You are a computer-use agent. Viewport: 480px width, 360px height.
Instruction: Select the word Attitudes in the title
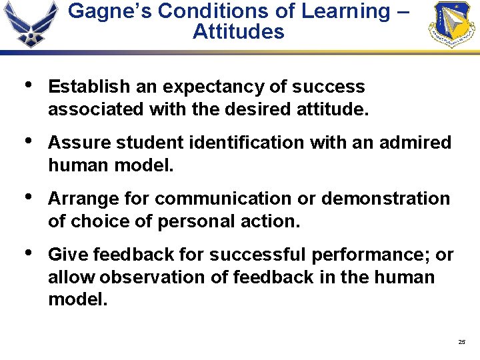[x=238, y=31]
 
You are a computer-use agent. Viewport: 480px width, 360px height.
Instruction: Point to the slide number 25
[x=462, y=342]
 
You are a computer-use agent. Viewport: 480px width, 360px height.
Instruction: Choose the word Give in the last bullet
[x=69, y=255]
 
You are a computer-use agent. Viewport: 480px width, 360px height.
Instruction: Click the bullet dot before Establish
[x=27, y=85]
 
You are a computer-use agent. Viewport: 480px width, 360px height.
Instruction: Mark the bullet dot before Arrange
[x=27, y=197]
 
